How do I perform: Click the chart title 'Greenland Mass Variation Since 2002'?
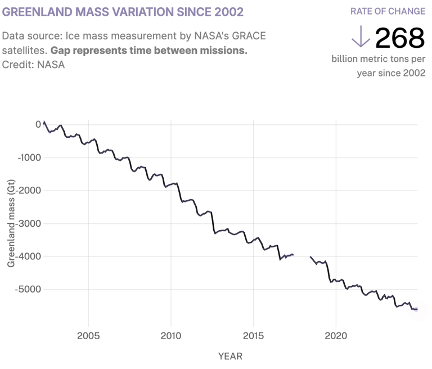(123, 12)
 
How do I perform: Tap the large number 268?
(399, 38)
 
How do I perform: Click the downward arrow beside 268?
(360, 37)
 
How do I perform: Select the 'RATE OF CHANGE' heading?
(388, 11)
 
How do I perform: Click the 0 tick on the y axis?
(38, 124)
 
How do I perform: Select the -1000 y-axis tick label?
(30, 157)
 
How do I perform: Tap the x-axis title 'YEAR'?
(230, 355)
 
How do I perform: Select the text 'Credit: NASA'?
(33, 65)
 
